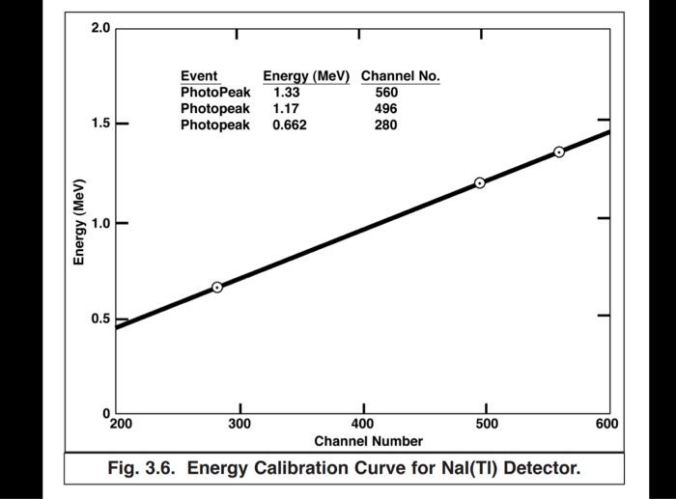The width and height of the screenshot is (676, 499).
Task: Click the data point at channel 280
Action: (217, 287)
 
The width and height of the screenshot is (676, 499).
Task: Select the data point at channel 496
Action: (480, 182)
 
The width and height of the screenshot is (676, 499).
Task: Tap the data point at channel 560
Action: (559, 152)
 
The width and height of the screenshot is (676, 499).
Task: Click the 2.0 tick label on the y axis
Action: (100, 27)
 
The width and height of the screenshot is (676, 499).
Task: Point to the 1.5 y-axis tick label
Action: (100, 125)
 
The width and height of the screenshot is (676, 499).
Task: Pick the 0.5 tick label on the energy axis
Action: (100, 319)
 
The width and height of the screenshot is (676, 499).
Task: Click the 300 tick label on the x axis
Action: (240, 424)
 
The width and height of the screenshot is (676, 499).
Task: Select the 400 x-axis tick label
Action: (363, 424)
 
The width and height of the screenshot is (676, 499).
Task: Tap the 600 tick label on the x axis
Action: (606, 424)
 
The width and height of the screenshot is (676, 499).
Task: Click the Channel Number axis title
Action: (368, 441)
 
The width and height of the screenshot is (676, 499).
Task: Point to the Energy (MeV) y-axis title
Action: (81, 222)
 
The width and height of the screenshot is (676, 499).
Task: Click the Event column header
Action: (199, 76)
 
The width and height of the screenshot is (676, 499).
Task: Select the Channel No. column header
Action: (400, 76)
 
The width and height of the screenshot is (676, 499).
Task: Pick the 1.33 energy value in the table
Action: (287, 93)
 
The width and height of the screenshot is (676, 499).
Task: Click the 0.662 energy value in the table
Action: (289, 125)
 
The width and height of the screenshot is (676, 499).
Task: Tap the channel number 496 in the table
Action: (386, 109)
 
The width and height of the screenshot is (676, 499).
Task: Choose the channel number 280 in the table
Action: (386, 125)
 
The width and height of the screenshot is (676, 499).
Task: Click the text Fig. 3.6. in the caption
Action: (143, 469)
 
